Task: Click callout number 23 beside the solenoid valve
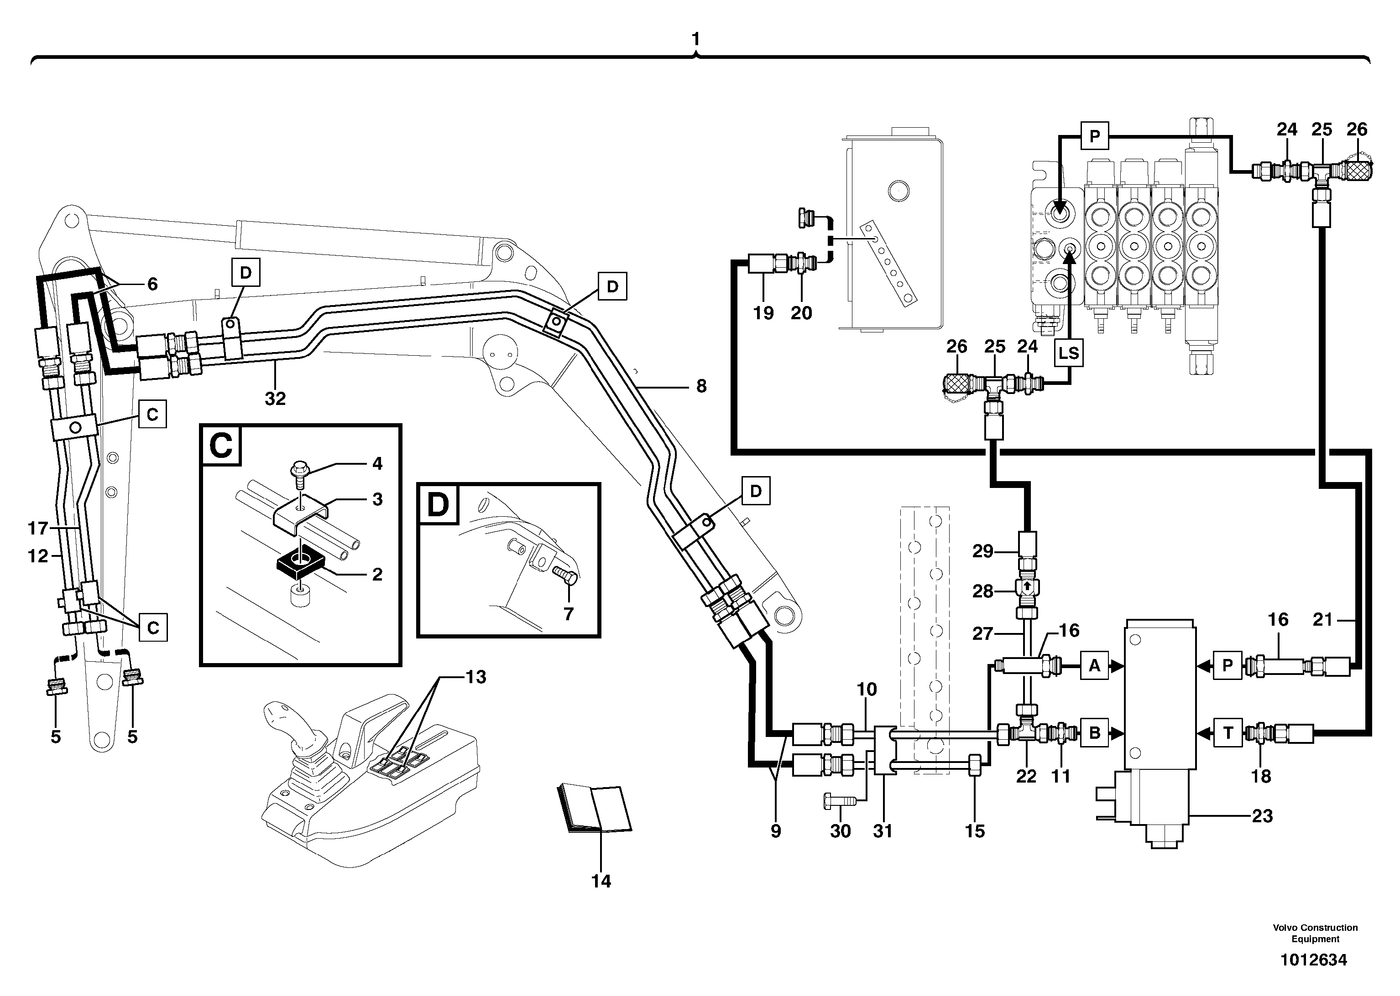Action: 1262,816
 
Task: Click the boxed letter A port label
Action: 1094,665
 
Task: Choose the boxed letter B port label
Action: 1094,733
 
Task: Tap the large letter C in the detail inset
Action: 221,446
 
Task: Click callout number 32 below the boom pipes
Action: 275,399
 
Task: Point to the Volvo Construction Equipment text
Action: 1315,933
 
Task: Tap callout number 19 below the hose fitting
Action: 763,313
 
